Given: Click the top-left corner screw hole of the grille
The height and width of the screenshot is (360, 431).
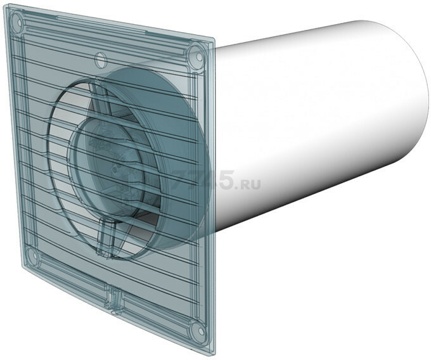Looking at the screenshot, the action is click(x=17, y=21).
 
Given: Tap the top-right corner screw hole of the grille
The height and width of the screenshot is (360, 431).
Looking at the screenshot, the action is click(x=198, y=56).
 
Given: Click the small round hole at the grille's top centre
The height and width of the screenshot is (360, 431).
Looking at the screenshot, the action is click(x=100, y=59).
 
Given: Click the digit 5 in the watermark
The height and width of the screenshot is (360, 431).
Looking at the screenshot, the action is click(x=226, y=180).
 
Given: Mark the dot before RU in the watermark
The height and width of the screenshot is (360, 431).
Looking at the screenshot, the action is click(x=238, y=188).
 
